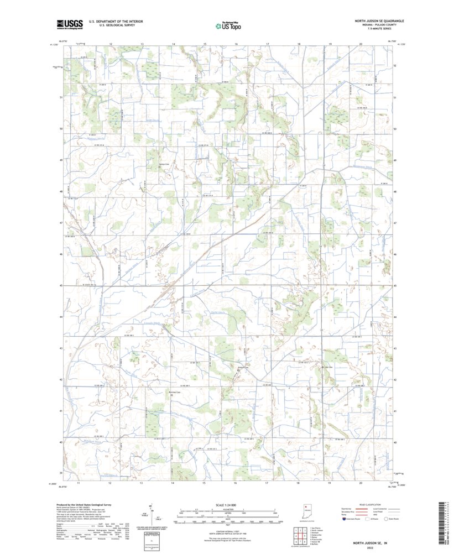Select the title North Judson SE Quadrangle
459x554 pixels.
379,20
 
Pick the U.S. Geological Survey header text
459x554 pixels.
112,25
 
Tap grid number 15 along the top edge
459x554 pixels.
205,43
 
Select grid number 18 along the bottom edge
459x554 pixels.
298,483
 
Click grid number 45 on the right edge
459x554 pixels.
394,286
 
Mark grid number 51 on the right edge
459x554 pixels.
394,97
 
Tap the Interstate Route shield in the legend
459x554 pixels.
344,519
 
